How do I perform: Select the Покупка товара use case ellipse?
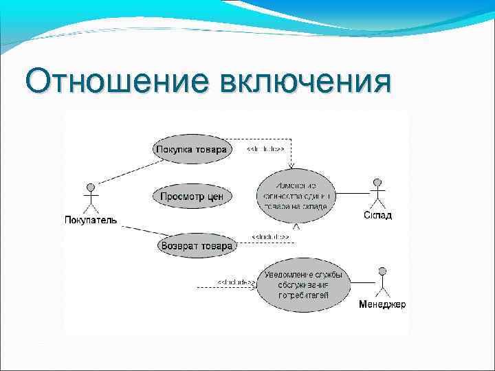pyautogui.click(x=192, y=150)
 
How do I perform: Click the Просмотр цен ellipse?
pyautogui.click(x=192, y=196)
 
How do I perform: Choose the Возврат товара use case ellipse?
pyautogui.click(x=197, y=245)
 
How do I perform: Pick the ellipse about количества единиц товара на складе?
pyautogui.click(x=296, y=196)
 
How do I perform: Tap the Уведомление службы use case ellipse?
pyautogui.click(x=303, y=285)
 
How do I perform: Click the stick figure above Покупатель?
pyautogui.click(x=90, y=199)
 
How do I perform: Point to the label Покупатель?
pyautogui.click(x=90, y=221)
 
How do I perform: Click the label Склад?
pyautogui.click(x=377, y=216)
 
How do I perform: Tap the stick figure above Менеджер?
pyautogui.click(x=382, y=282)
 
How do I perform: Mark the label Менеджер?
pyautogui.click(x=382, y=304)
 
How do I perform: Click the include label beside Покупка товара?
pyautogui.click(x=265, y=148)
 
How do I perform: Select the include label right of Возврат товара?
pyautogui.click(x=270, y=237)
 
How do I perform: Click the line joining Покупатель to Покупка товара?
pyautogui.click(x=127, y=171)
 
